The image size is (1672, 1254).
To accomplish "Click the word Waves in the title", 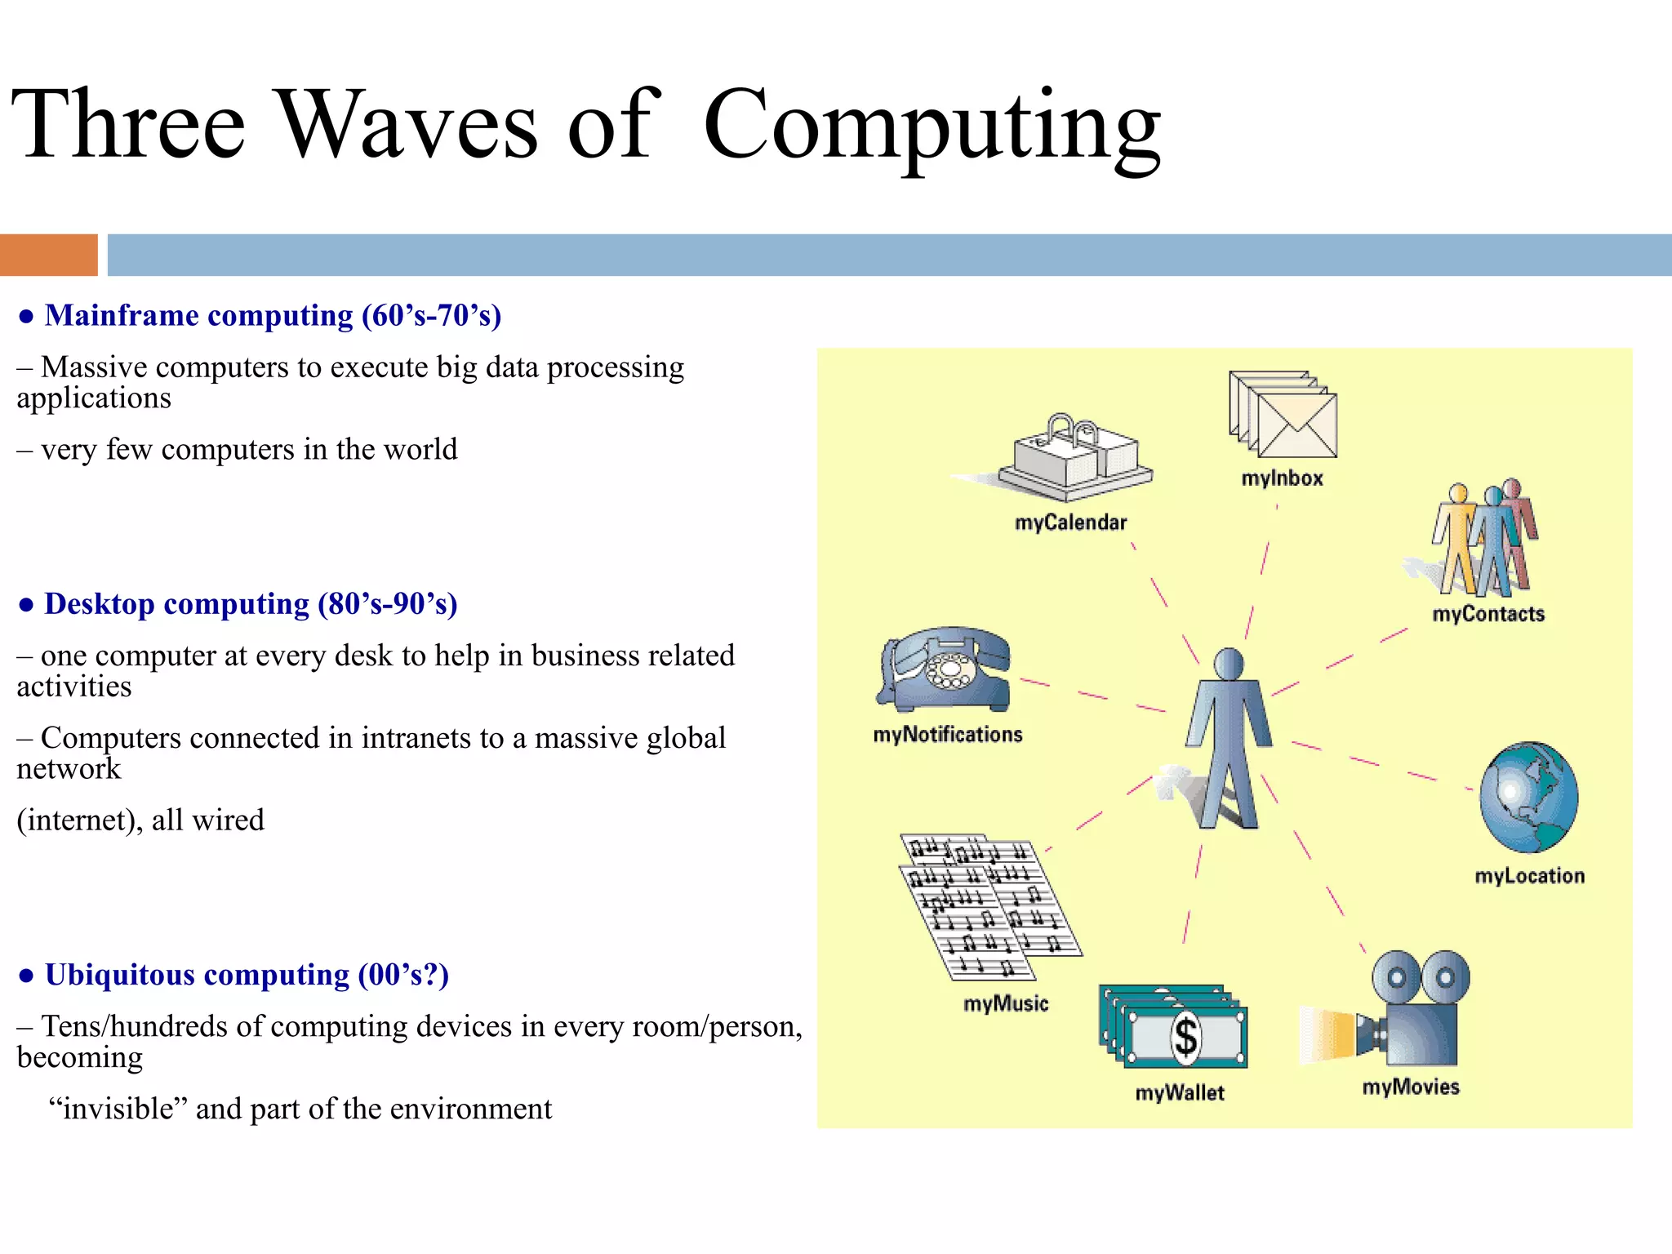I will pyautogui.click(x=407, y=125).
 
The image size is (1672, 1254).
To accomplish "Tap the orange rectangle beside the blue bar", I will pyautogui.click(x=48, y=255).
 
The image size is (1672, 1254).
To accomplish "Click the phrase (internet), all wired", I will pyautogui.click(x=140, y=820).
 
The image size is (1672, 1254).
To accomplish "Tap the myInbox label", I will pyautogui.click(x=1282, y=478).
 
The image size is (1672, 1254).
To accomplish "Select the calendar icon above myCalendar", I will pyautogui.click(x=1074, y=457).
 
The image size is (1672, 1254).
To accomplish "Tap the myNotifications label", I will pyautogui.click(x=947, y=735).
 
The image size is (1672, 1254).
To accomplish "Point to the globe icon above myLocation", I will pyautogui.click(x=1528, y=797).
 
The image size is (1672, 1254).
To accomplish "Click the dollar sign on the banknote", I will pyautogui.click(x=1185, y=1038).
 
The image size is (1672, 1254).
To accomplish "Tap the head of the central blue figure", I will pyautogui.click(x=1229, y=664).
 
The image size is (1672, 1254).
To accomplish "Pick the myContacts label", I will pyautogui.click(x=1488, y=614).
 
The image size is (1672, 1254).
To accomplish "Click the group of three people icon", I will pyautogui.click(x=1484, y=539).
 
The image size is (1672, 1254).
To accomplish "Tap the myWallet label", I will pyautogui.click(x=1180, y=1093).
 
